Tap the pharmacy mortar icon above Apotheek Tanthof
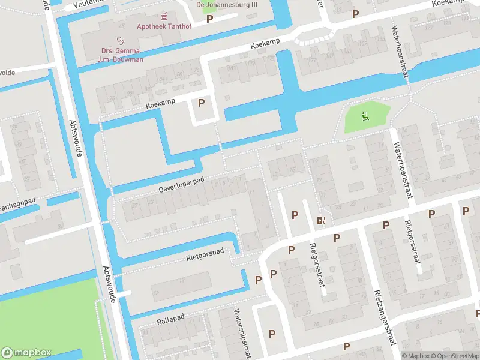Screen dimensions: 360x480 [x=164, y=16]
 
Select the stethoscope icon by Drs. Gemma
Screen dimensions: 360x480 [x=121, y=40]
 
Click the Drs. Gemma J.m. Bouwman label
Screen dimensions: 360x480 [x=121, y=55]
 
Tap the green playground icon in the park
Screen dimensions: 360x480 [x=364, y=116]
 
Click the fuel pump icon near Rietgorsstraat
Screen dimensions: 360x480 [x=322, y=220]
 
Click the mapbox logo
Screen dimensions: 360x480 [x=26, y=353]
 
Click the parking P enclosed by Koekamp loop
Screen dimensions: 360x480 [x=201, y=103]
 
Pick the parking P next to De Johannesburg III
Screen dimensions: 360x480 [x=209, y=19]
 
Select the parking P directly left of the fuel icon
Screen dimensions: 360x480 [x=295, y=215]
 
